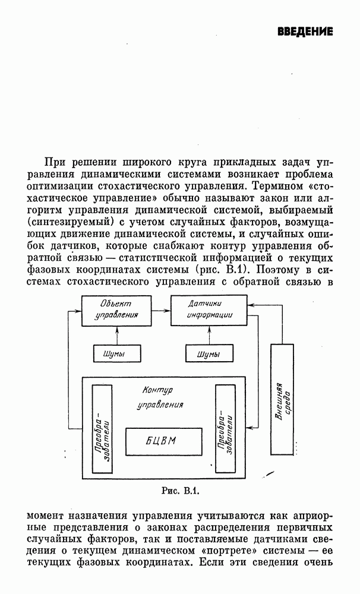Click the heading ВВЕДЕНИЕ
[x=305, y=31]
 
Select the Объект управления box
[x=116, y=311]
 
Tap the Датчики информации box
[x=209, y=311]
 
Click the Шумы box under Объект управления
[x=117, y=353]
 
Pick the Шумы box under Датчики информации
[x=209, y=353]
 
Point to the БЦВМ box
[x=164, y=442]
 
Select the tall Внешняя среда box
[x=282, y=399]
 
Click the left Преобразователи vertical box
[x=102, y=429]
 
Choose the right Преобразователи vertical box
[x=225, y=429]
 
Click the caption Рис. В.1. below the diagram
[x=181, y=491]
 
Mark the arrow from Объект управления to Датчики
[x=161, y=311]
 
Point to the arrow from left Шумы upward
[x=117, y=335]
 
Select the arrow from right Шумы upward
[x=209, y=335]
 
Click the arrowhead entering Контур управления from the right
[x=248, y=427]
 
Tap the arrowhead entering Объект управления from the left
[x=78, y=311]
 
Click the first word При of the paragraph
[x=55, y=162]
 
